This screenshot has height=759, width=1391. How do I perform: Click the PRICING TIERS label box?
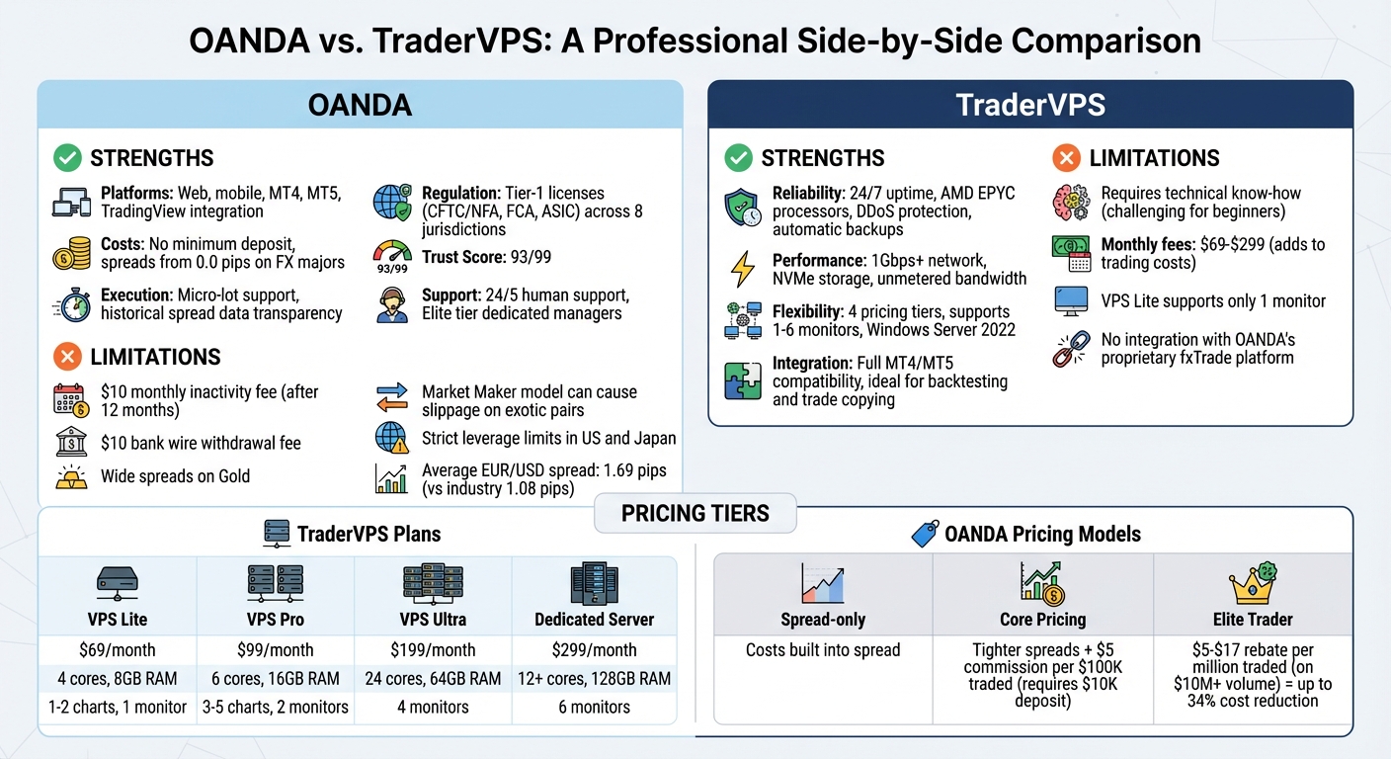695,514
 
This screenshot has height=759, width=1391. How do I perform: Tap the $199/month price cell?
435,650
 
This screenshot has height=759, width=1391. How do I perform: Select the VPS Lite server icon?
118,582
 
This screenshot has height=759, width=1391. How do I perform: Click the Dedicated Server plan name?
594,620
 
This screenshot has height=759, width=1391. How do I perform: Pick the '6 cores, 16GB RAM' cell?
276,679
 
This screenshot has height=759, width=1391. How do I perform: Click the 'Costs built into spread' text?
823,650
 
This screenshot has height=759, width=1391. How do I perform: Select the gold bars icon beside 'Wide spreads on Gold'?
71,477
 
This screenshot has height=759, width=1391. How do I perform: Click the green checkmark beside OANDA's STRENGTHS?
67,158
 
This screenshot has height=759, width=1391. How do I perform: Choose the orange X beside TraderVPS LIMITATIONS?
1066,158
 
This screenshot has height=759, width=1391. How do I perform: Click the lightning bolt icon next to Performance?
741,270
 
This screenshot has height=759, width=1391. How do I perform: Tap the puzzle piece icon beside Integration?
743,381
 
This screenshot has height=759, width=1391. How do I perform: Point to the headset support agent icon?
391,305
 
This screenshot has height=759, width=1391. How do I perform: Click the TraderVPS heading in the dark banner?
1030,105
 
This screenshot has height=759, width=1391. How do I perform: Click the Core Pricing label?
1042,620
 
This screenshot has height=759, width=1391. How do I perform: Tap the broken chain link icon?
1071,349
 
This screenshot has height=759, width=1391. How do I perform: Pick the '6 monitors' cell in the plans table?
594,707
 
